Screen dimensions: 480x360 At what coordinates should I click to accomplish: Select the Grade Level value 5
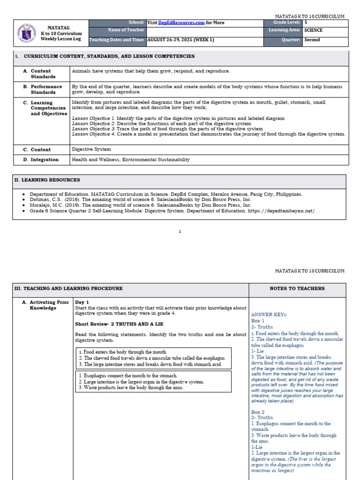pos(306,22)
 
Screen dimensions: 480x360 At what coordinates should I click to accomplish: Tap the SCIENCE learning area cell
pos(313,30)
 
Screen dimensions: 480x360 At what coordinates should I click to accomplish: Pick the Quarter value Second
pos(312,40)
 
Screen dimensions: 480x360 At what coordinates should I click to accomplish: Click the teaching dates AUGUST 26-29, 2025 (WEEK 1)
pos(180,40)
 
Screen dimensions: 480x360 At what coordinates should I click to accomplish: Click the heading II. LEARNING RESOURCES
pos(47,180)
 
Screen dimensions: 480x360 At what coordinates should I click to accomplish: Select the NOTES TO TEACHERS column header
pos(297,289)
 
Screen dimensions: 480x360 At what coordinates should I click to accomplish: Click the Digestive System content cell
pos(91,150)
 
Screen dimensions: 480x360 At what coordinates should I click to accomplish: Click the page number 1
pos(180,232)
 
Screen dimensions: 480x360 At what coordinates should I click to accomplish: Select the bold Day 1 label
pos(82,302)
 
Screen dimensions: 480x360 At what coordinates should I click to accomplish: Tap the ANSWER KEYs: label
pos(269,315)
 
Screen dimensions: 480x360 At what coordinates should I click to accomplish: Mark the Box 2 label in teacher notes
pos(258,412)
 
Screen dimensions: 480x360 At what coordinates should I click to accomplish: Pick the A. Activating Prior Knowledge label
pos(45,305)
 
